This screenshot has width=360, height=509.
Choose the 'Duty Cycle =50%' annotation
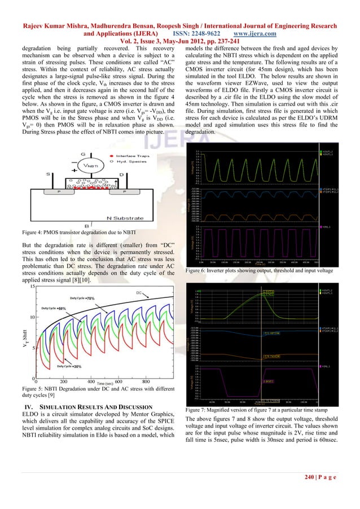pyautogui.click(x=54, y=309)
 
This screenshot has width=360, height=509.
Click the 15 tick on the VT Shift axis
pyautogui.click(x=34, y=287)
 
